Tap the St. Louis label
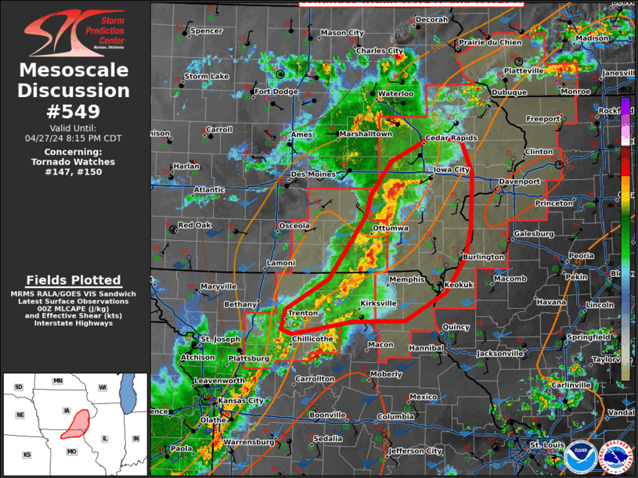pos(546,445)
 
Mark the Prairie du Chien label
pos(490,42)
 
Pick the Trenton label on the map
pos(303,313)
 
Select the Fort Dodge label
pos(276,92)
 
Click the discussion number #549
pos(74,112)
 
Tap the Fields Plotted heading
pos(74,280)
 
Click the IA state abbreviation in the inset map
pos(67,410)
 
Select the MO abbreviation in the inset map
pos(71,452)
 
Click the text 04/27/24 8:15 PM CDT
pos(74,138)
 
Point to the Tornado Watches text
pos(74,162)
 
